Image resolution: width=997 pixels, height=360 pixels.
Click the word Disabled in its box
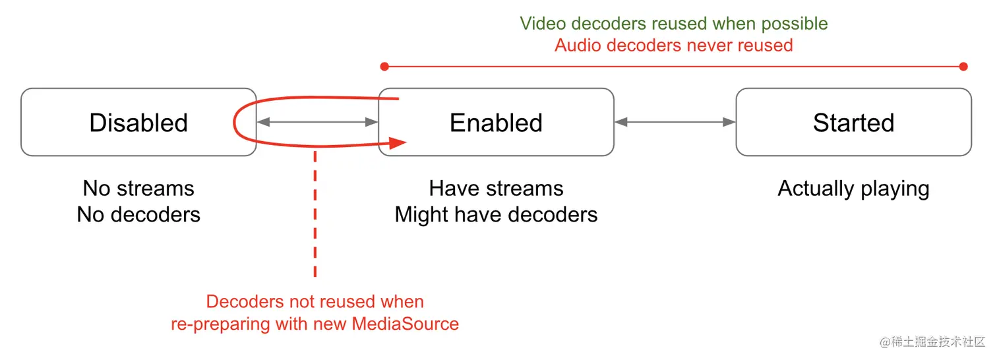point(138,123)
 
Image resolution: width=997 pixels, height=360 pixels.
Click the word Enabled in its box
point(496,123)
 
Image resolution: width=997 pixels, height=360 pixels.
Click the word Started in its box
point(853,123)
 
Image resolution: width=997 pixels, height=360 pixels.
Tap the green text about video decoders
point(674,24)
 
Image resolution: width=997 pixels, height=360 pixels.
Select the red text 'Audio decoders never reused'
point(674,45)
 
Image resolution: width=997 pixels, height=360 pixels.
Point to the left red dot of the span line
point(384,67)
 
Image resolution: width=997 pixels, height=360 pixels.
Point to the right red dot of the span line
point(963,67)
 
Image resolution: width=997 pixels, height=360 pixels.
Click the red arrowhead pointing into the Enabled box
point(398,143)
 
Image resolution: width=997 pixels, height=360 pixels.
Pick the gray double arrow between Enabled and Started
point(675,122)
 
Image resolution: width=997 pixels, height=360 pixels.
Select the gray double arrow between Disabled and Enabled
point(317,122)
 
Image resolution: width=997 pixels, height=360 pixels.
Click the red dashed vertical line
point(315,214)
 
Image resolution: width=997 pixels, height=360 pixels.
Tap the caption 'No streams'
point(138,188)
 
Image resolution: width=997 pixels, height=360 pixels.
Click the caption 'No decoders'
point(138,214)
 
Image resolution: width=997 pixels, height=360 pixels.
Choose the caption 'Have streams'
point(496,188)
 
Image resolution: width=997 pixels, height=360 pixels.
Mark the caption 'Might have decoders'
point(496,215)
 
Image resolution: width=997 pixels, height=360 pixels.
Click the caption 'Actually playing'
point(853,189)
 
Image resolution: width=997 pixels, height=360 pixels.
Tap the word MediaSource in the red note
point(405,324)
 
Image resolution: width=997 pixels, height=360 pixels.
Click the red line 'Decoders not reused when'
point(315,302)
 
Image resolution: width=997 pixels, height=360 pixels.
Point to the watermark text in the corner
point(932,342)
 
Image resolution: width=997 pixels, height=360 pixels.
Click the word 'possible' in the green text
point(795,24)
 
